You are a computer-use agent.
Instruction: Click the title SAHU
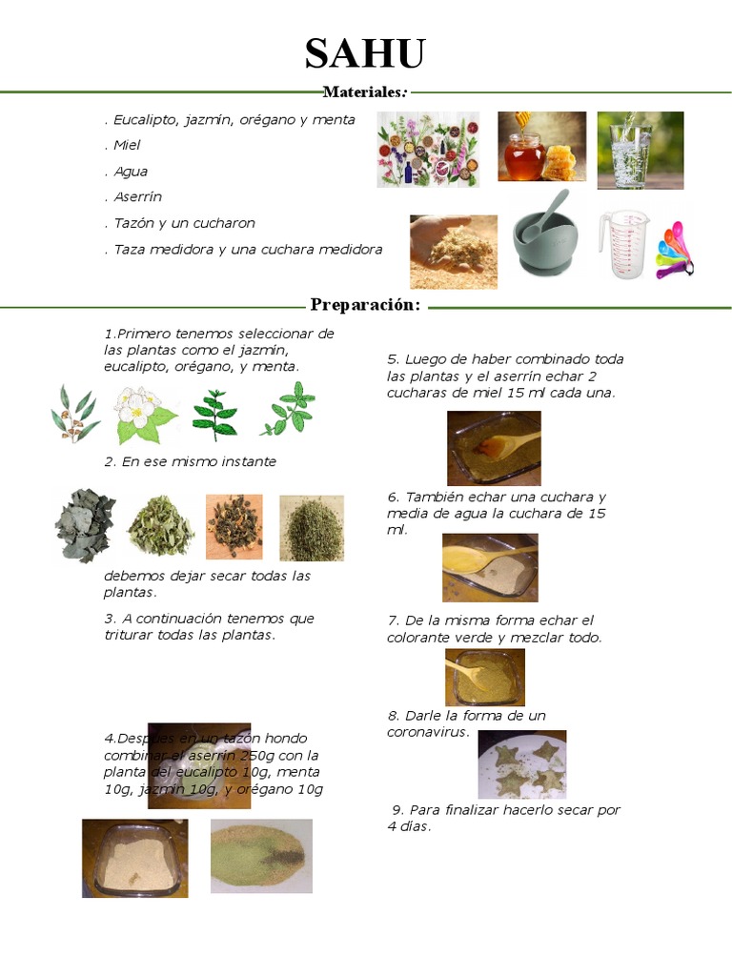tap(365, 54)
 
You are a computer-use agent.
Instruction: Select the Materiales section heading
tap(366, 92)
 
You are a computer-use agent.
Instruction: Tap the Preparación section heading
tap(366, 305)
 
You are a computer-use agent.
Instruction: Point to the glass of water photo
tap(640, 150)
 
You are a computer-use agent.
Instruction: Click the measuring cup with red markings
tap(624, 246)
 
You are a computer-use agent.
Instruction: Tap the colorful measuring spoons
tap(676, 250)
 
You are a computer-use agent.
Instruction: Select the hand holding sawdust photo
tap(453, 251)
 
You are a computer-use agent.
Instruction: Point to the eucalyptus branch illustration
tap(74, 413)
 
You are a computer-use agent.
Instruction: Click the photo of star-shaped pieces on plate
tap(521, 763)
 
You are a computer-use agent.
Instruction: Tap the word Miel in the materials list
tap(127, 146)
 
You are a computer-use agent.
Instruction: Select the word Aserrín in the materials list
tap(137, 197)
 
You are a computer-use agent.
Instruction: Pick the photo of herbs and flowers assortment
tap(428, 150)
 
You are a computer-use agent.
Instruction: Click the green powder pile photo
tap(261, 855)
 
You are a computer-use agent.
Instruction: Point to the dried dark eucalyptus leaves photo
tap(84, 525)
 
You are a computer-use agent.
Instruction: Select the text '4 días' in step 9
tap(409, 826)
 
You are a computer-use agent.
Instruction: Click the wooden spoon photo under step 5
tap(494, 447)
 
